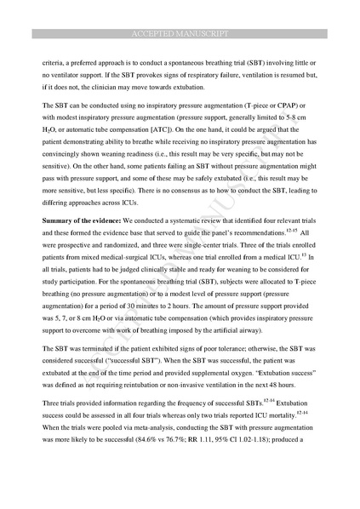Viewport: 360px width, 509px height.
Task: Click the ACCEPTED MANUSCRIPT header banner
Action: [x=180, y=34]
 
